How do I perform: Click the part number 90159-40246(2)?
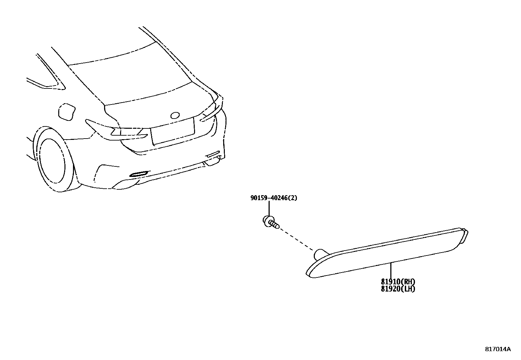click(274, 198)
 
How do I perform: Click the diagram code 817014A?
click(497, 349)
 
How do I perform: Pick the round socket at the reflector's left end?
click(319, 254)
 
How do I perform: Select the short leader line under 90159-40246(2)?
click(269, 208)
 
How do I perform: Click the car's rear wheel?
click(52, 161)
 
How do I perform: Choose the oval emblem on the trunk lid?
click(175, 115)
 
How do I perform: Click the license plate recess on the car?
click(173, 130)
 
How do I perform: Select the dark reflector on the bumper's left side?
click(139, 174)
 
